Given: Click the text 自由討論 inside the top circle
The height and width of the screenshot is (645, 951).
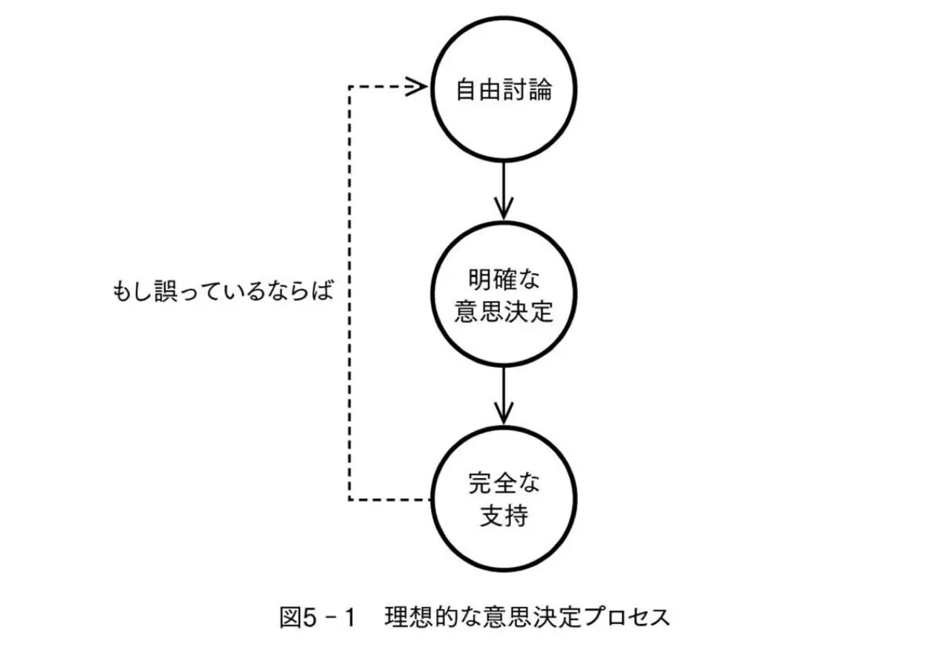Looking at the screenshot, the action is coord(504,90).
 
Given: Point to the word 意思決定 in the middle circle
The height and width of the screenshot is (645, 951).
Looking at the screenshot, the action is coord(504,311).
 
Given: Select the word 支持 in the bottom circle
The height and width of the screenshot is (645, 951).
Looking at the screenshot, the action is coord(504,516).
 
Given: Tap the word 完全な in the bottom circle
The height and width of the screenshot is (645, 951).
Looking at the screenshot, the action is coord(504,483).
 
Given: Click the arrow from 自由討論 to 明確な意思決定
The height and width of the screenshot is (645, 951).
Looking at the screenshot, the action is coord(504,191).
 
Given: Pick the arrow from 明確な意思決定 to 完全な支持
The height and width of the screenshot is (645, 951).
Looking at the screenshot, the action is coord(504,396).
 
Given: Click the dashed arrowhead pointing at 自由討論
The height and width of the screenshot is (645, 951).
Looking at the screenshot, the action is coord(416,87).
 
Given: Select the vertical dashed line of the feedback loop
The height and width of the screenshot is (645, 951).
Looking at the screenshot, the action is coord(349,294).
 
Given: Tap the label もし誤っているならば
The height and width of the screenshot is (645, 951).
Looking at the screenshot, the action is coord(224,291).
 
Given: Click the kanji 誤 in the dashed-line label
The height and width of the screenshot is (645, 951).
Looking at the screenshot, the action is coord(166,291).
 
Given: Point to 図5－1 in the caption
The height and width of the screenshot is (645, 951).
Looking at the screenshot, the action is coord(317,618).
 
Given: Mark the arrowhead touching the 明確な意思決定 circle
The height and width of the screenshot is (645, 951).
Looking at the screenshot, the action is coord(504,209).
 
